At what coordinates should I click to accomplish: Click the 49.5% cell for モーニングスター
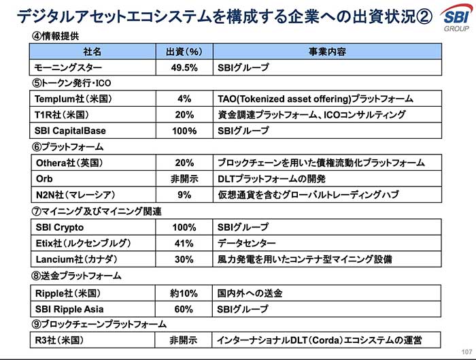tap(184, 68)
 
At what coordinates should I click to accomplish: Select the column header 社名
tap(92, 52)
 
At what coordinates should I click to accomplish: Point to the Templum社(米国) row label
tap(73, 99)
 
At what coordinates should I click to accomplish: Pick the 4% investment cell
tap(184, 99)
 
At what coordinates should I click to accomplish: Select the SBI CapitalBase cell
tap(69, 131)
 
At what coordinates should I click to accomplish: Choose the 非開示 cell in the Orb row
tap(184, 179)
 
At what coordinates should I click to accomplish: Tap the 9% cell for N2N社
tap(184, 195)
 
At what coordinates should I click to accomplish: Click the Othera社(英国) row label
tap(68, 163)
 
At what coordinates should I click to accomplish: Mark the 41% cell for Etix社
tap(184, 243)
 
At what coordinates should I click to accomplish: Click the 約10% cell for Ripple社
tap(184, 293)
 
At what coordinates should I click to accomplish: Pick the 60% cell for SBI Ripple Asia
tap(184, 308)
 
